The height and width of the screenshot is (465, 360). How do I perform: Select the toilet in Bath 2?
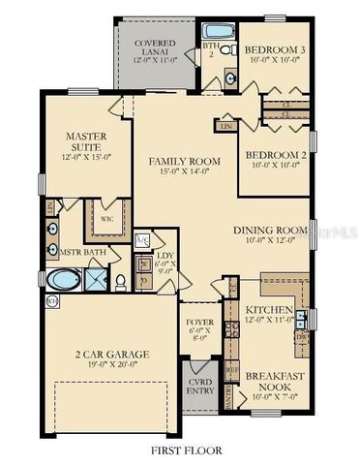pos(228,48)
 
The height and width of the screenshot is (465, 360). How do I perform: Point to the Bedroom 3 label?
pos(274,49)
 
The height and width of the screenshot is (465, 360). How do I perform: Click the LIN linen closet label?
pos(227,126)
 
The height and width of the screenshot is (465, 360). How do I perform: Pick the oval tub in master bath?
pos(63,282)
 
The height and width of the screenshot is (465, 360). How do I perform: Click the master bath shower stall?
pos(96,282)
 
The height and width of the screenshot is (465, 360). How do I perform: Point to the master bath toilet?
pos(120,282)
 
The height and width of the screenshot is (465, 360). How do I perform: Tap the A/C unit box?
pos(141,239)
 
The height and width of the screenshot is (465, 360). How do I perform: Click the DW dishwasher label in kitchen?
pos(302,338)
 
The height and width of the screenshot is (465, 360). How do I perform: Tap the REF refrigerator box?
pos(230,369)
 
